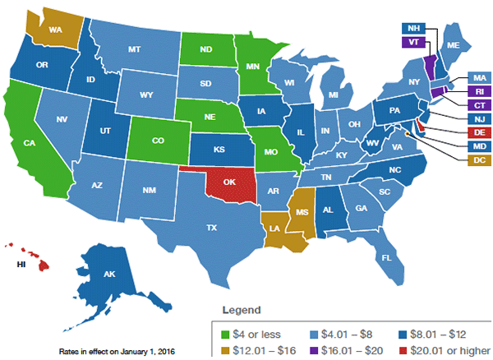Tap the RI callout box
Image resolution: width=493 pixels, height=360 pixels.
(456, 91)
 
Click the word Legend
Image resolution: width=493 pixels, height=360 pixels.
(242, 311)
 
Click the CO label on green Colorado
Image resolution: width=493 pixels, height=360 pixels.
(159, 141)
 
